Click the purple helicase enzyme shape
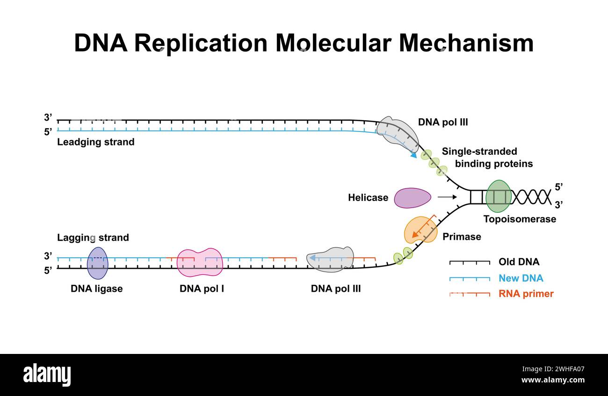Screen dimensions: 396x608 click(412, 198)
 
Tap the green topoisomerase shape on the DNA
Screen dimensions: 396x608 click(498, 196)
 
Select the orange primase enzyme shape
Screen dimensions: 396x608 click(420, 230)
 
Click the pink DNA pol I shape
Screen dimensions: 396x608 click(200, 262)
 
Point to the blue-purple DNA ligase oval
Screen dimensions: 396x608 click(97, 262)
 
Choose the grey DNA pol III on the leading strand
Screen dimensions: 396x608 click(397, 133)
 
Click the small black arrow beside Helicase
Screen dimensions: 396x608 click(447, 198)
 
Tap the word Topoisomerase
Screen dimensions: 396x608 click(520, 219)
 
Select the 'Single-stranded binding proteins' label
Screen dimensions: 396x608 click(486, 158)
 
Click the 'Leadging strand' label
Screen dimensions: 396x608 click(95, 142)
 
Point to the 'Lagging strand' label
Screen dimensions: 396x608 click(93, 238)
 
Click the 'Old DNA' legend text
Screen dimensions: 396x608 click(519, 262)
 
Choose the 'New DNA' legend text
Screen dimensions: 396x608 click(521, 278)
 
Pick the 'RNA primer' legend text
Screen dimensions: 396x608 click(526, 294)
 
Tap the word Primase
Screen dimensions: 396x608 click(462, 237)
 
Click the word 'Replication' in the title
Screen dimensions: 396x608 click(201, 43)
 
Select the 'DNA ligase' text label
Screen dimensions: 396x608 click(96, 288)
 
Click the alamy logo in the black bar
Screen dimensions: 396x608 click(47, 375)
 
